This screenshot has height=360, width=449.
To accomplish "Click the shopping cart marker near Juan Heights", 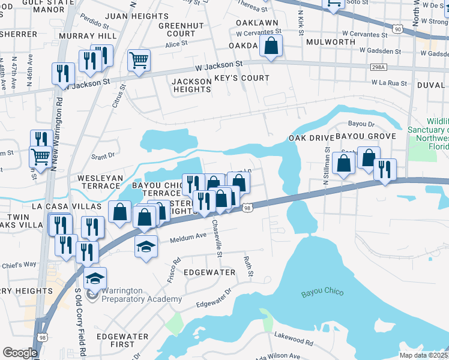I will [139, 61].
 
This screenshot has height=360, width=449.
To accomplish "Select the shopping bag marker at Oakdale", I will [271, 46].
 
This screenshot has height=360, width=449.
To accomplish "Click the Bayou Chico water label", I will [322, 292].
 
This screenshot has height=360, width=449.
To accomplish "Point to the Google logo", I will [20, 352].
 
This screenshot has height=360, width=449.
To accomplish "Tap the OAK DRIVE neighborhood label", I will [310, 137].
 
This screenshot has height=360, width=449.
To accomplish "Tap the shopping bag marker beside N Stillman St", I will [343, 164].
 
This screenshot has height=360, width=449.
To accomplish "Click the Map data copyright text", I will [423, 355].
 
